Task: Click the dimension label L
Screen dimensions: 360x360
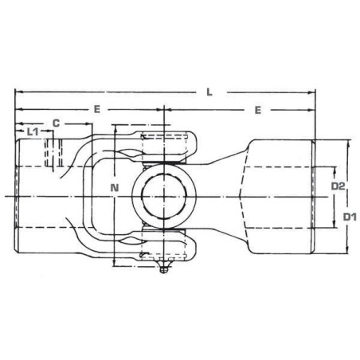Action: [209, 92]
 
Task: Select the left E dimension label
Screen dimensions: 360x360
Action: [97, 109]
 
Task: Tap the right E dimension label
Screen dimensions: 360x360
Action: [258, 110]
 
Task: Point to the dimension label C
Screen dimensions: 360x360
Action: [56, 123]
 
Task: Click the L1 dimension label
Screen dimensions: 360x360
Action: [33, 131]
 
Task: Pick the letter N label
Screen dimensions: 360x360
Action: [115, 188]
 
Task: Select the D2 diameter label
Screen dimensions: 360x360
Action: [338, 186]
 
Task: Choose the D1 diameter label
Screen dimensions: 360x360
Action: [350, 217]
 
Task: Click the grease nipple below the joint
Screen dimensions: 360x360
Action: [164, 267]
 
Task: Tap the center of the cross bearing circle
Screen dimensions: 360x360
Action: [164, 197]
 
